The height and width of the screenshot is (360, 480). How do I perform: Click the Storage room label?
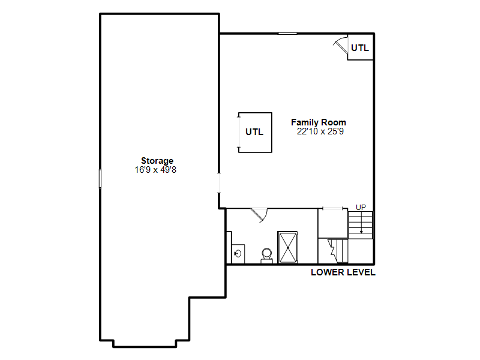[157, 161]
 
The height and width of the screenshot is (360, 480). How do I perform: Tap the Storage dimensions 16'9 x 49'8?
[155, 170]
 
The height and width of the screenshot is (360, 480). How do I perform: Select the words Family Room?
[319, 122]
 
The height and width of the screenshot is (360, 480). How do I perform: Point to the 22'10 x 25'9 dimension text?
[320, 131]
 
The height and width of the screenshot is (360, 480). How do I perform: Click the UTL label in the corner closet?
[360, 48]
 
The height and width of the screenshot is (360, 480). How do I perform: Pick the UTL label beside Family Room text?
[254, 132]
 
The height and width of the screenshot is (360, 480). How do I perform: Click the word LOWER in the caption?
[326, 272]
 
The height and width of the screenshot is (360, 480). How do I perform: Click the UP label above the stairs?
[361, 207]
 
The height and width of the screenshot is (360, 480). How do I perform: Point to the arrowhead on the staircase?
[361, 232]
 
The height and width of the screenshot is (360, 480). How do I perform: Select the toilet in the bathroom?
[267, 256]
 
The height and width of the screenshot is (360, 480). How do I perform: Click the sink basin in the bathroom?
[238, 253]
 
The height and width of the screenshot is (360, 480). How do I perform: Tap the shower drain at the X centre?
[288, 248]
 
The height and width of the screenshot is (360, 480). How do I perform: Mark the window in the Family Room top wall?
[287, 34]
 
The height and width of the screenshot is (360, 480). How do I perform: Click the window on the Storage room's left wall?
[100, 178]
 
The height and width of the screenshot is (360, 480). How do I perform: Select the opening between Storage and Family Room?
[219, 183]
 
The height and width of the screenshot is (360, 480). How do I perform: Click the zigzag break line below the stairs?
[331, 247]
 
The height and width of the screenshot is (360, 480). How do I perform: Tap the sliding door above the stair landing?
[333, 209]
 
